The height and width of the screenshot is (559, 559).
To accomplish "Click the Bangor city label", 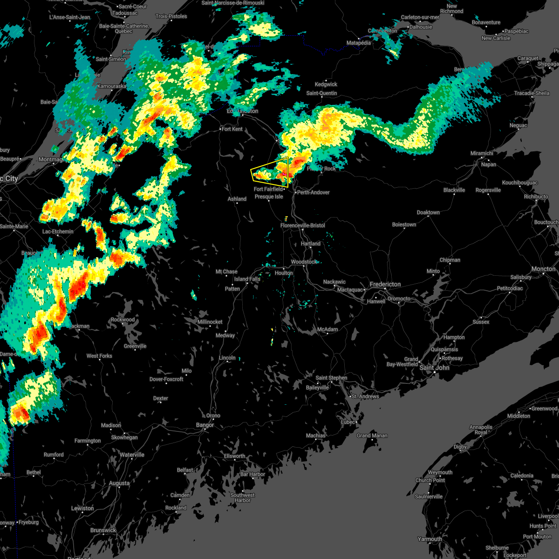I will (x=205, y=425).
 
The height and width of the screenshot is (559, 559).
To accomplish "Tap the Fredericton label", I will (x=385, y=284).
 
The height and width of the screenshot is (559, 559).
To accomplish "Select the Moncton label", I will (x=543, y=269).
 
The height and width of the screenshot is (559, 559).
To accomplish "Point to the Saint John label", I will (x=434, y=368).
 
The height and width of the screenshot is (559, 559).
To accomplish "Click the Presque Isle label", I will (x=269, y=197).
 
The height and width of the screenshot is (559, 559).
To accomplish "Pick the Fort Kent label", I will (x=232, y=129).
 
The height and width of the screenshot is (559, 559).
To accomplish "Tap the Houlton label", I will (x=283, y=273).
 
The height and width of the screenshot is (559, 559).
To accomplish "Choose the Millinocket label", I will (x=210, y=322).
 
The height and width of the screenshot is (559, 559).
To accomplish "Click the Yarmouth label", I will (x=429, y=539).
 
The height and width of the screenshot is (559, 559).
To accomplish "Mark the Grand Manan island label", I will (x=372, y=436).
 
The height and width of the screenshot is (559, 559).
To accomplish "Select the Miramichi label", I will (x=482, y=153).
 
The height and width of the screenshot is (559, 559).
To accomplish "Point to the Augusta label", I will (x=119, y=483).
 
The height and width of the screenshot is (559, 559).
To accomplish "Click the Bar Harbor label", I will (x=252, y=474).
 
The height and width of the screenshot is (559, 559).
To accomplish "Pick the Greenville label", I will (x=135, y=346).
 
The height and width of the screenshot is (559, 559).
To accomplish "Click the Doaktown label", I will (x=428, y=212).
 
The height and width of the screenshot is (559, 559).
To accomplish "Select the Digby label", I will (x=460, y=447).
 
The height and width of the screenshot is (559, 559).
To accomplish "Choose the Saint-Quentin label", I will (x=321, y=93).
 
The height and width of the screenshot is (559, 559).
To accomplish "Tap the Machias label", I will (x=315, y=436).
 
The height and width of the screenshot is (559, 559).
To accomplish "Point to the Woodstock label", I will (x=304, y=262).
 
